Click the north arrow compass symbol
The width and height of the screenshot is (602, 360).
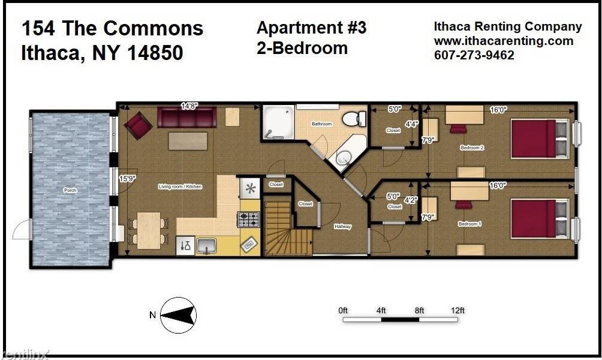pos(179,315)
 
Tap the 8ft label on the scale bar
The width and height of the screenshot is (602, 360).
pos(419,310)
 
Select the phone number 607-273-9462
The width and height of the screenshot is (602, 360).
pos(474,55)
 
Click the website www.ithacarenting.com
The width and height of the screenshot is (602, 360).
pos(504,41)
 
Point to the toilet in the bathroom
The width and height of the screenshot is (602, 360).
pos(354,118)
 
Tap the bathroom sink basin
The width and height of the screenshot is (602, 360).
pos(344,158)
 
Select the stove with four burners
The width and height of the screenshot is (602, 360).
pos(248,220)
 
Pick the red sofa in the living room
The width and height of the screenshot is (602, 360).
pos(187,118)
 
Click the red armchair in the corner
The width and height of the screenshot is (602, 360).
pos(138,125)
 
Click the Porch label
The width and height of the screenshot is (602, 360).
pos(70,190)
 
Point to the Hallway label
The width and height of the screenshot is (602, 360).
pos(342,227)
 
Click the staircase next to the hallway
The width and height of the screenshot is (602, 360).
pos(288,229)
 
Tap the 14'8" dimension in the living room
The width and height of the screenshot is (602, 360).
pos(189,106)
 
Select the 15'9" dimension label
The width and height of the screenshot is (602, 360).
pos(126,178)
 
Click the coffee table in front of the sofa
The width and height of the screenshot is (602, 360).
pos(188,141)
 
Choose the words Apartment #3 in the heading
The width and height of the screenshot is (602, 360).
pos(311,28)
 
